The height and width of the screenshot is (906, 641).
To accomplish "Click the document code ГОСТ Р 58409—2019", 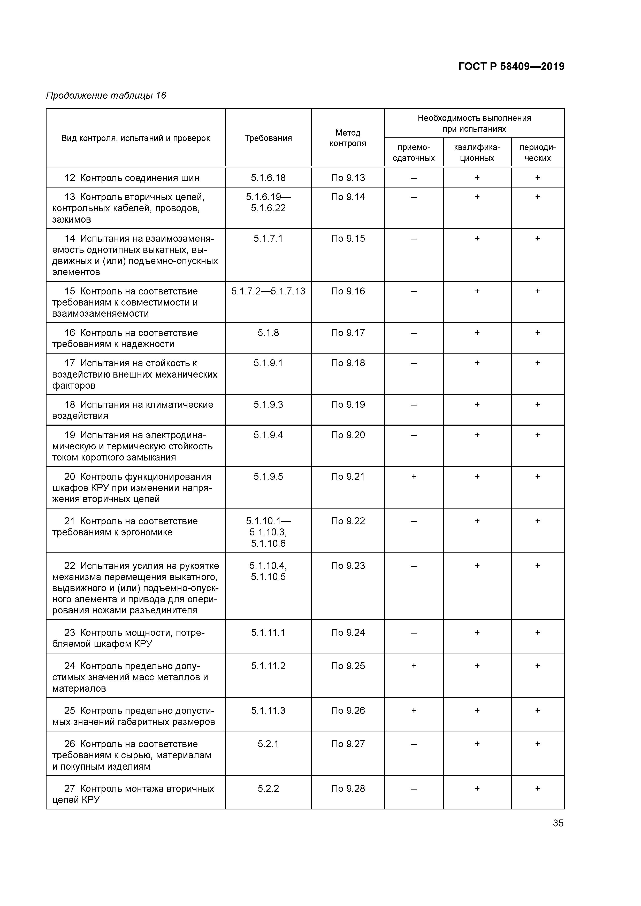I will point(511,66).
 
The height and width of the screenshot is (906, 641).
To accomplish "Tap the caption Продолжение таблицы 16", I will point(106,96).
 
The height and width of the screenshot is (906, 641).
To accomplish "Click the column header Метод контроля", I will point(348,138).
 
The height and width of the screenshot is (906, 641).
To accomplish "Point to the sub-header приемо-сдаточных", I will point(414,153).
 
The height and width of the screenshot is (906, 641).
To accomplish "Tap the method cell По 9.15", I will point(348,239).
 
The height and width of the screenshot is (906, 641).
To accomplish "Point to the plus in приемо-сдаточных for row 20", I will point(414,477).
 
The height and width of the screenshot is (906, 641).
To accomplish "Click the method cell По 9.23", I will point(348,566).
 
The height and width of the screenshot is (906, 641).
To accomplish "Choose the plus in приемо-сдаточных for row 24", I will point(414,666).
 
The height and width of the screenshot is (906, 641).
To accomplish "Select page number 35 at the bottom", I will point(558,823).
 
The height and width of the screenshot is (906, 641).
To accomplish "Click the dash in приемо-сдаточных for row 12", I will point(414,178).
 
